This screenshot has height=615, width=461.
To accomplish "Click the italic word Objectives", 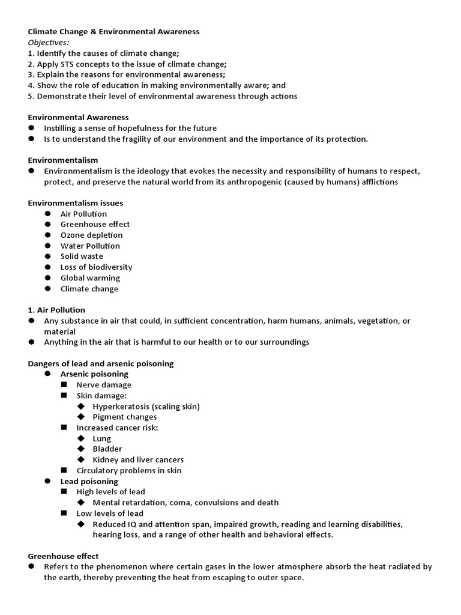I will coord(49,42).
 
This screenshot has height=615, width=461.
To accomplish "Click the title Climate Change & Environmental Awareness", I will coord(113,31).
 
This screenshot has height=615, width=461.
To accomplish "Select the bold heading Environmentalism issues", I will coord(76,203).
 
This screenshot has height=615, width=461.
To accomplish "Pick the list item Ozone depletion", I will coord(91,235).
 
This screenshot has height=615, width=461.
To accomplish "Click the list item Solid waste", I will coord(82,256).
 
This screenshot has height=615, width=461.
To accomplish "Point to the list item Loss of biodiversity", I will coord(96,267).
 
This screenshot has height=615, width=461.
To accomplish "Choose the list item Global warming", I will coord(90,278).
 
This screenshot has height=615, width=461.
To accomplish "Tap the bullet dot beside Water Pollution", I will coord(48,246).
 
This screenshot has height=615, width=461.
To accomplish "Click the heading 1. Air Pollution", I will coord(56,310).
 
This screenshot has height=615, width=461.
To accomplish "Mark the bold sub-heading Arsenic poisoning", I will coord(94,374).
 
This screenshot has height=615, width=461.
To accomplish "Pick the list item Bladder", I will coord(107,449).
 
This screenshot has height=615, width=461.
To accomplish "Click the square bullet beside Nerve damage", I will coord(64,385).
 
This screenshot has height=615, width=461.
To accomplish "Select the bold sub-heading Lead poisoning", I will coord(89,481).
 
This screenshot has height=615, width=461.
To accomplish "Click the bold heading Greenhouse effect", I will coord(64,556).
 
